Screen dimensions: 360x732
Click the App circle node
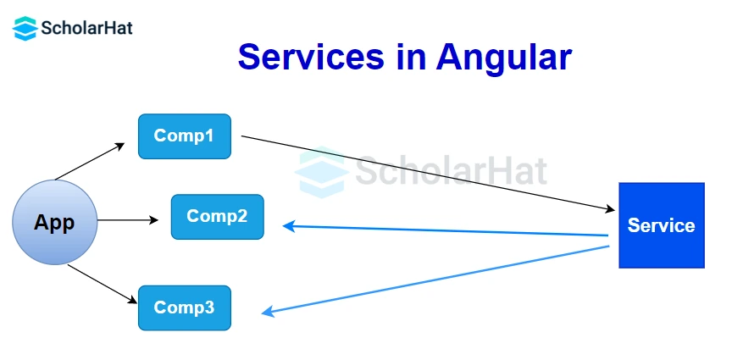(x=54, y=223)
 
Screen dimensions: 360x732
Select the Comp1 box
(x=185, y=136)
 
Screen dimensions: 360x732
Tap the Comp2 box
(x=217, y=216)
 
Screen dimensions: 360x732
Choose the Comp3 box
(x=185, y=307)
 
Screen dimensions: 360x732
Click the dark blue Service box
(x=661, y=225)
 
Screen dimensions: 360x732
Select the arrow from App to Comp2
(x=127, y=220)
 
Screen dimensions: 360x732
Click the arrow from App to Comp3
(x=102, y=283)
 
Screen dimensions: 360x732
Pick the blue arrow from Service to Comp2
(x=445, y=230)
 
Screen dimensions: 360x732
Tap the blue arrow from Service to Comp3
(x=436, y=280)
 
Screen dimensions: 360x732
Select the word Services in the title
(x=310, y=57)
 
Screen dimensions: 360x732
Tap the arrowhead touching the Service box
(x=610, y=208)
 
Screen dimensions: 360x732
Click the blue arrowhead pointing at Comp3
(x=268, y=313)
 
